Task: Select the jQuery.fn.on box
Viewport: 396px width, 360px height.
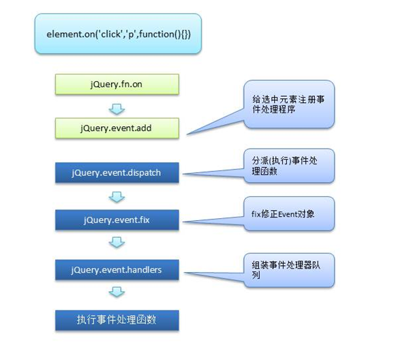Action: click(x=117, y=84)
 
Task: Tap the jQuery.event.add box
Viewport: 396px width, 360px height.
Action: click(x=117, y=127)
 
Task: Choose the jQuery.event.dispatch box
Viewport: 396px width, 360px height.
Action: click(x=117, y=172)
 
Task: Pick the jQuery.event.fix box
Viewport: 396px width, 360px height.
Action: click(x=117, y=220)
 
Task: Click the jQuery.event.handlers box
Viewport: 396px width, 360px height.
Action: click(x=117, y=269)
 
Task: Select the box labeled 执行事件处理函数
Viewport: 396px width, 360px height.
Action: click(x=117, y=318)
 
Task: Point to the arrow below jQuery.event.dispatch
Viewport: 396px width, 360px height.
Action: click(x=117, y=196)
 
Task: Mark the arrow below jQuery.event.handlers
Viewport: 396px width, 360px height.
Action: click(x=117, y=293)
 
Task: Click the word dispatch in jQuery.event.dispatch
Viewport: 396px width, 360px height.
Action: click(x=144, y=172)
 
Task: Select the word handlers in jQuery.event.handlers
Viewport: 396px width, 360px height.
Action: click(x=143, y=269)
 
